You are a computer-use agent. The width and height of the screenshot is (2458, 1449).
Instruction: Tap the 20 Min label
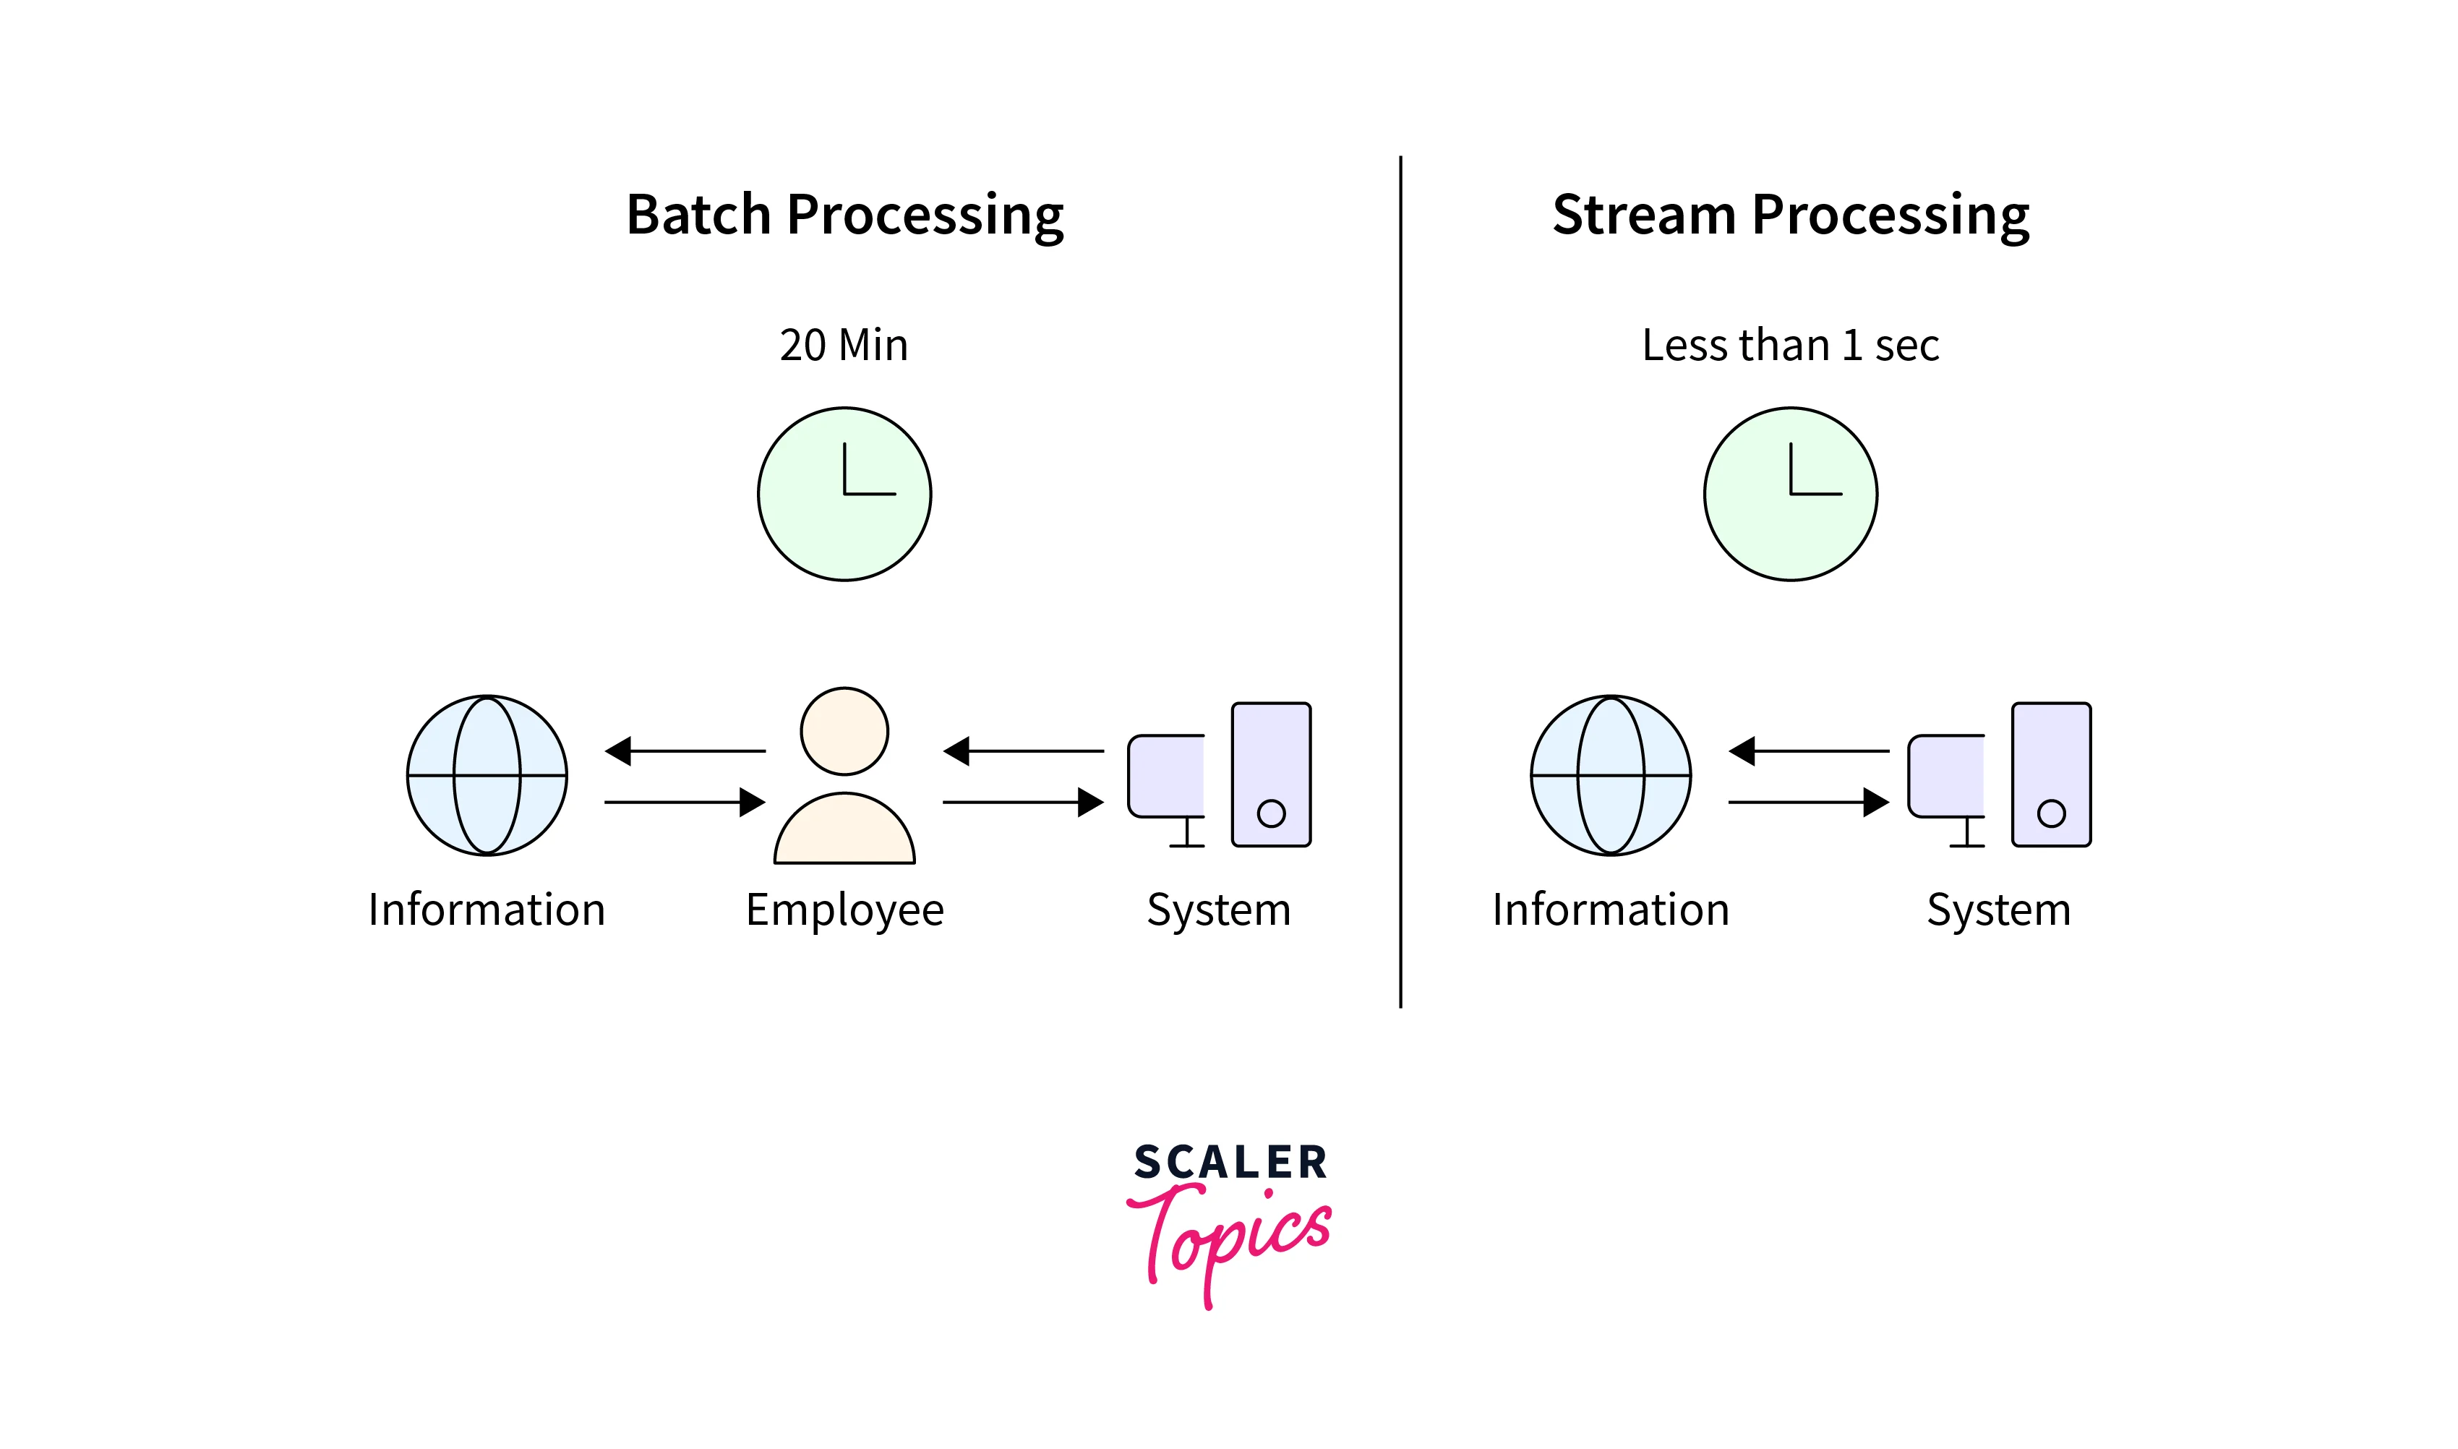coord(844,345)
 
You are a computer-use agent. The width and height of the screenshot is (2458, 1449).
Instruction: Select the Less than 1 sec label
coord(1790,345)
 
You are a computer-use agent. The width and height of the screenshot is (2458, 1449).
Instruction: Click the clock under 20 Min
coord(844,494)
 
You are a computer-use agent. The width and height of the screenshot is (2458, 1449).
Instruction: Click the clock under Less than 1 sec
coord(1790,494)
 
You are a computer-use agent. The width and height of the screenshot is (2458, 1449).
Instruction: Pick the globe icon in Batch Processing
coord(487,775)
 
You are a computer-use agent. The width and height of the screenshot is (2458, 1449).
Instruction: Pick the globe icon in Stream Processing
coord(1611,775)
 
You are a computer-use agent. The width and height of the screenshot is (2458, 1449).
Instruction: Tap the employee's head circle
coord(844,731)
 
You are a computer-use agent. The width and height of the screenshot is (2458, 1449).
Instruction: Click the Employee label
coord(844,910)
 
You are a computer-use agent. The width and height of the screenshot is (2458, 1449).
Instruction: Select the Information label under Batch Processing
coord(487,910)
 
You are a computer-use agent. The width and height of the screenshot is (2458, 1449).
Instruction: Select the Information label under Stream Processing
coord(1611,910)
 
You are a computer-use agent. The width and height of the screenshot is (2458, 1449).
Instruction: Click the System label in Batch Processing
coord(1218,910)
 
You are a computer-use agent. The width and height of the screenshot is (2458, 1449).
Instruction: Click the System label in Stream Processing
coord(1998,910)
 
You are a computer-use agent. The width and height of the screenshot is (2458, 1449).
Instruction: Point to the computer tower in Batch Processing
coord(1271,774)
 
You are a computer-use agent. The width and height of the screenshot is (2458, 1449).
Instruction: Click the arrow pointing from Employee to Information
coord(685,751)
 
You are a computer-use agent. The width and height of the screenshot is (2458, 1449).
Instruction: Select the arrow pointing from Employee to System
coord(1023,803)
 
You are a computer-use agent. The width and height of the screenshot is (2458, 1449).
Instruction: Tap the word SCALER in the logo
coord(1230,1162)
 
